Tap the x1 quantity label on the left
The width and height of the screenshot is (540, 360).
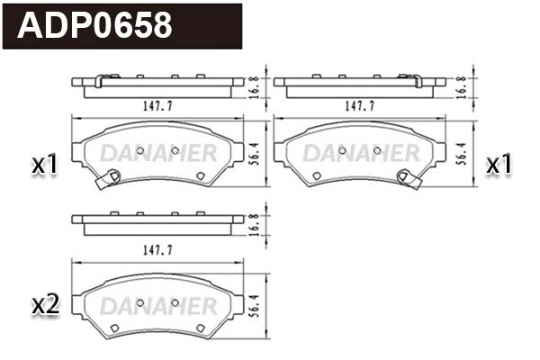point(44,165)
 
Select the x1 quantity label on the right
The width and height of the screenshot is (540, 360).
point(499,165)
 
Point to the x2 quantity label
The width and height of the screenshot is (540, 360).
point(44,304)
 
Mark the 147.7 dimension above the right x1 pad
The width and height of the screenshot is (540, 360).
point(360,106)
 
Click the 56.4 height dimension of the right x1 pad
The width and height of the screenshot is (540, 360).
point(459,152)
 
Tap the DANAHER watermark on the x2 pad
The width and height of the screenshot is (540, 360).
point(157,305)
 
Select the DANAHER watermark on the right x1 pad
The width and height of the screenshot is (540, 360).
point(361,153)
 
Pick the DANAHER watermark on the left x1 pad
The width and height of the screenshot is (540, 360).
point(157,153)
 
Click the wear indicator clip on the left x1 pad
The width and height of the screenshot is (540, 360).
point(108,179)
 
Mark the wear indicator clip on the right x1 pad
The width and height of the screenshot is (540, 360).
point(411,179)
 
